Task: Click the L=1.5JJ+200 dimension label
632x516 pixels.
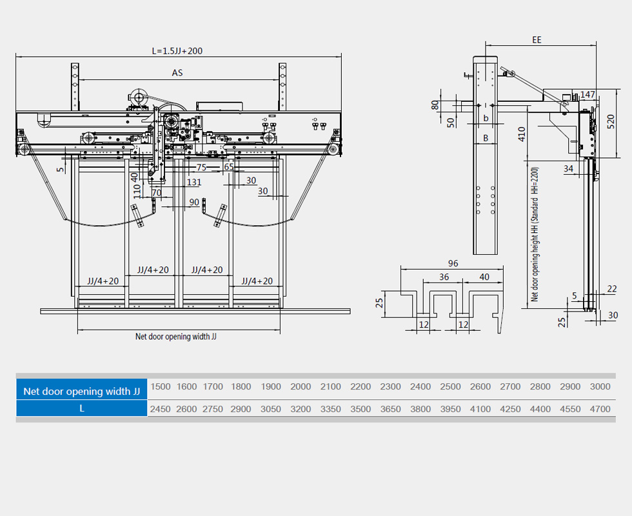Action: (x=177, y=50)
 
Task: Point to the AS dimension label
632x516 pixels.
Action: (x=177, y=73)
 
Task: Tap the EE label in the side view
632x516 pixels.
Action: (x=537, y=40)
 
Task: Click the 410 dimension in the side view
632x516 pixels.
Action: (x=521, y=134)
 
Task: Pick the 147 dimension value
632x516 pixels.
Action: (x=588, y=94)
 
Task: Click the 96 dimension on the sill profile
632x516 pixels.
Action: (x=452, y=263)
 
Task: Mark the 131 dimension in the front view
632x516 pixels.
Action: (x=193, y=182)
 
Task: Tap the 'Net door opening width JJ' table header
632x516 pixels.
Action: (x=81, y=391)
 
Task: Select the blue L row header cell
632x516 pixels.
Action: (x=81, y=408)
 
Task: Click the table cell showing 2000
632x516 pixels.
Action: (x=301, y=387)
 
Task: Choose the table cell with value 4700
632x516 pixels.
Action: (x=600, y=408)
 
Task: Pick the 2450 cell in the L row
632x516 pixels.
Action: (x=161, y=408)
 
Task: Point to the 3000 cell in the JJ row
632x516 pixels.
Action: (x=600, y=387)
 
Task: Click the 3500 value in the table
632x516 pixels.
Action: (x=360, y=408)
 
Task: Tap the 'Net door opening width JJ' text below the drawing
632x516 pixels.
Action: (x=175, y=336)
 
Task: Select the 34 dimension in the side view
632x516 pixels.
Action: (x=568, y=169)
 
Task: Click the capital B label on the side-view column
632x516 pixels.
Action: (x=486, y=138)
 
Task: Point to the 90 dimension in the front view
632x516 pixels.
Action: (x=194, y=202)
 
